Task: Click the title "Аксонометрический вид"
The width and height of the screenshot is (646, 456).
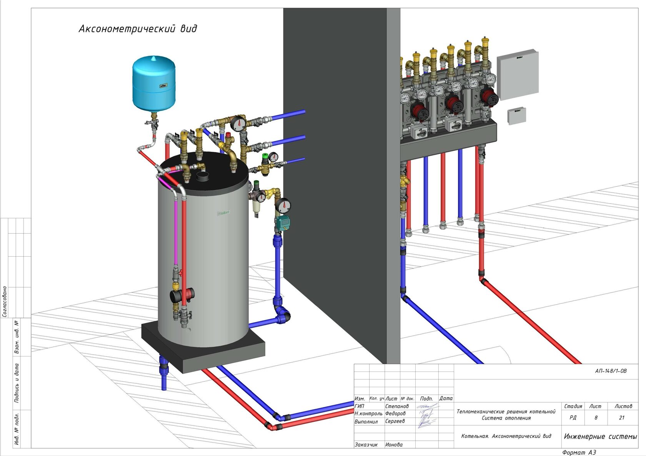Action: [138, 29]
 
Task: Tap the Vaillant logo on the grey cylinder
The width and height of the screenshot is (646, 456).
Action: [223, 212]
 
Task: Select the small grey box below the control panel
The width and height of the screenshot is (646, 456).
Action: [516, 116]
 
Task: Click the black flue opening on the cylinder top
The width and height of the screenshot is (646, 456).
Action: [203, 177]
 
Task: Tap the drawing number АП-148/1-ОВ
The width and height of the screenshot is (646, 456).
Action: [611, 371]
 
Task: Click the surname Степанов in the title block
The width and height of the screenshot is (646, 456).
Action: [397, 406]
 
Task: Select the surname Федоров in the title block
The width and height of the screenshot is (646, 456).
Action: [395, 414]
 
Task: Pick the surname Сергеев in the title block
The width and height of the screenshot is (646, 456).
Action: [395, 421]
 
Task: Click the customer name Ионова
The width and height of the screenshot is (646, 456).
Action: [394, 444]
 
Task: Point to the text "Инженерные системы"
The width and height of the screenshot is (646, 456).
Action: [600, 436]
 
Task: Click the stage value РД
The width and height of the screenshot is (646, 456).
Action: [573, 418]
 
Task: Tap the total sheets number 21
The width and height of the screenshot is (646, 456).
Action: [622, 418]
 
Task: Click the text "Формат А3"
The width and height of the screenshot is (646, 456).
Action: [579, 453]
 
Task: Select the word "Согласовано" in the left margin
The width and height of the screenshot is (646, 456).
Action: [5, 301]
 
